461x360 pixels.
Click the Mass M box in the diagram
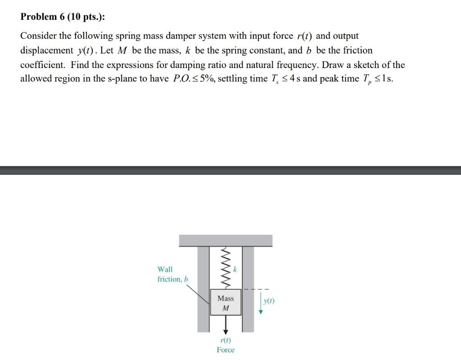click(x=226, y=303)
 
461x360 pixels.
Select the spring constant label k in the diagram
click(x=235, y=269)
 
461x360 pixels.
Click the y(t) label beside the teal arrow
click(x=269, y=301)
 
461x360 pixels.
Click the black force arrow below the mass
click(x=226, y=325)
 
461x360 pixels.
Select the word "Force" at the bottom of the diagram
click(x=226, y=350)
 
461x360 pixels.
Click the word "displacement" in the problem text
click(x=46, y=50)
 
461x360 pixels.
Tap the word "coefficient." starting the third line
click(x=43, y=64)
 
